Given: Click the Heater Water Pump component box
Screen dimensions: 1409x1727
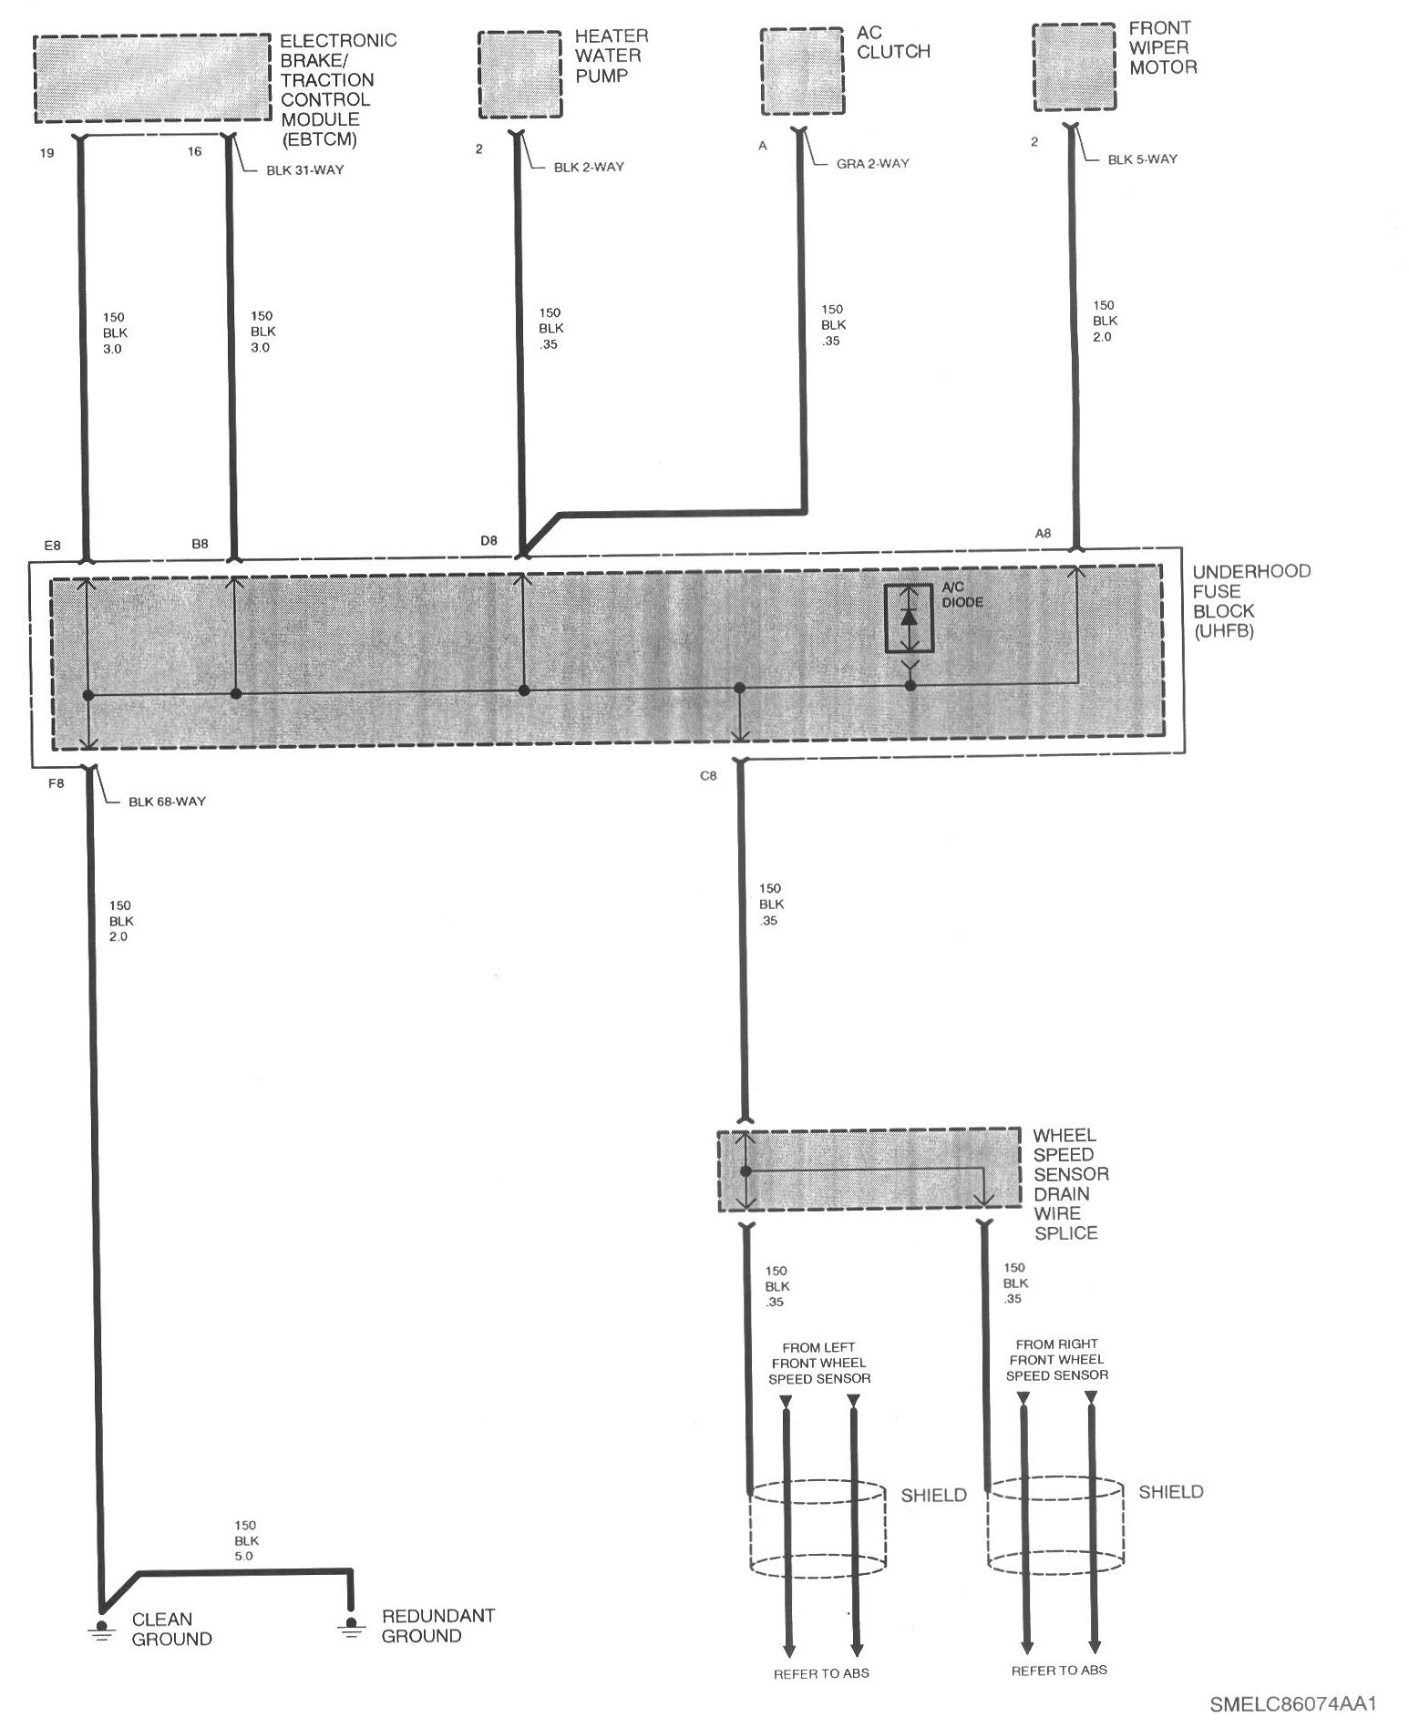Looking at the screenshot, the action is tap(519, 75).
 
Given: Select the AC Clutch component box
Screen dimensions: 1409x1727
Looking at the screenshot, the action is tap(801, 71).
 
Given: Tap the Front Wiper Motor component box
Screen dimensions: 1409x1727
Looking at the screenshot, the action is tap(1074, 68).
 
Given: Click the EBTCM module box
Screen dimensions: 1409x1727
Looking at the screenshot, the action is tap(153, 78).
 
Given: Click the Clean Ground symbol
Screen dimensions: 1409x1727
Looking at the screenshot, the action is tap(101, 1629).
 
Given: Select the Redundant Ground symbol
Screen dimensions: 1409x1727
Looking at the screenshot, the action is tap(350, 1626).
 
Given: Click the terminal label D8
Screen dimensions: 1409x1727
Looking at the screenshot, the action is tap(489, 540).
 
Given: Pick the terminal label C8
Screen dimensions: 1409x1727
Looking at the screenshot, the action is tap(707, 776).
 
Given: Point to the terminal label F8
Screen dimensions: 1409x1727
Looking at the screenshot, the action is tap(56, 782).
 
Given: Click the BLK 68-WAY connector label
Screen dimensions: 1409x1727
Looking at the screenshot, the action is tap(167, 802).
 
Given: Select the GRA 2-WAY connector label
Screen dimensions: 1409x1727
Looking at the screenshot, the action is tap(873, 164).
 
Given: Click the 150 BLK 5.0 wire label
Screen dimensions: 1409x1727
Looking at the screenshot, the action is tap(245, 1540).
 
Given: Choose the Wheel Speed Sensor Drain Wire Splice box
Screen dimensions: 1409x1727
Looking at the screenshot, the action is tap(869, 1170).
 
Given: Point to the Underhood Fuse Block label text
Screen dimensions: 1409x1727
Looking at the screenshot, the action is tap(1251, 600).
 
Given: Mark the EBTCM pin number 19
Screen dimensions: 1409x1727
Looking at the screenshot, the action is tap(46, 152).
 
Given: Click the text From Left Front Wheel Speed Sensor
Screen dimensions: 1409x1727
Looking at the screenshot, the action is tap(819, 1363).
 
